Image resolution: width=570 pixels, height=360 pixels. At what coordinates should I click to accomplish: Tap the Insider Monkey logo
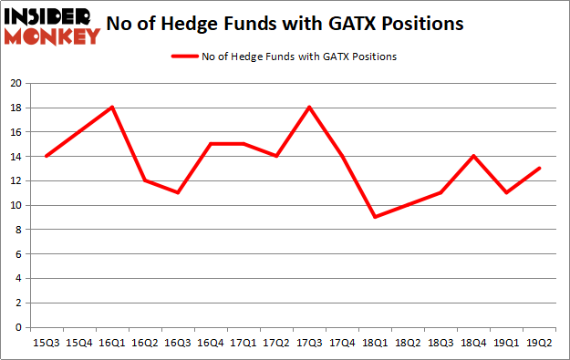[51, 25]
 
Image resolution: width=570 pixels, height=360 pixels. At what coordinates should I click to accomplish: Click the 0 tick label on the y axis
[18, 327]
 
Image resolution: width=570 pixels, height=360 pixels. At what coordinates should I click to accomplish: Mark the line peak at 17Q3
[309, 108]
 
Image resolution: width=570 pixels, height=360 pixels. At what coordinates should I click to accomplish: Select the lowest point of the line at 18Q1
[375, 217]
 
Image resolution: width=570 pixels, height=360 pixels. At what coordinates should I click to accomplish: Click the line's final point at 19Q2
[539, 169]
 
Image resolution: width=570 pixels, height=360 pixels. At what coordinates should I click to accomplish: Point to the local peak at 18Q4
[473, 156]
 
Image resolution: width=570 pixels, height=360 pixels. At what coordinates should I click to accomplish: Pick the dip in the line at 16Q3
[178, 192]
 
